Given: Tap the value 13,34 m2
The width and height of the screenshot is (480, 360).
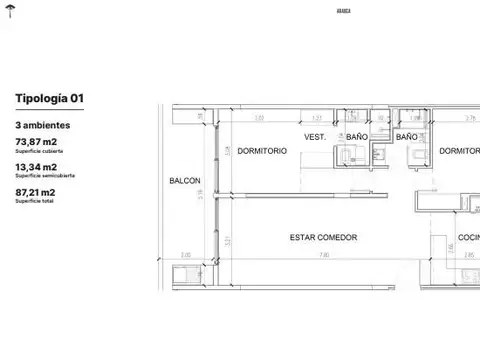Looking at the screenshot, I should click(x=35, y=168).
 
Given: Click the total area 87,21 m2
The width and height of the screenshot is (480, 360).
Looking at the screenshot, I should click(x=35, y=192).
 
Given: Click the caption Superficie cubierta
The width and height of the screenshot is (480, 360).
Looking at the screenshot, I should click(x=34, y=153).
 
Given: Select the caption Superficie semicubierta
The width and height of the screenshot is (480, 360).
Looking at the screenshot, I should click(x=38, y=177).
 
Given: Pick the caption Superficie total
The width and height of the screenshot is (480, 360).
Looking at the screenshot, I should click(x=30, y=201).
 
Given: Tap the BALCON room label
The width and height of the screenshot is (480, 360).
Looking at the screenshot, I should click(x=185, y=182).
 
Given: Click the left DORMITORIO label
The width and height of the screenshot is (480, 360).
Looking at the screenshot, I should click(x=263, y=151).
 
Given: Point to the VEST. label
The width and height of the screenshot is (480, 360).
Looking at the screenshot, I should click(x=316, y=136).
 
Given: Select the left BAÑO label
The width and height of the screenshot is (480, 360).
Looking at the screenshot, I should click(x=357, y=136).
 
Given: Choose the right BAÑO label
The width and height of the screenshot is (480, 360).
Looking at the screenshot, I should click(x=406, y=136).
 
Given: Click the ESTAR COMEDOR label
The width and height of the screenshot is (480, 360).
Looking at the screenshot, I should click(x=323, y=237).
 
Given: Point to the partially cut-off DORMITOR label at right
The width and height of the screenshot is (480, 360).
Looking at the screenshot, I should click(x=459, y=151).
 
